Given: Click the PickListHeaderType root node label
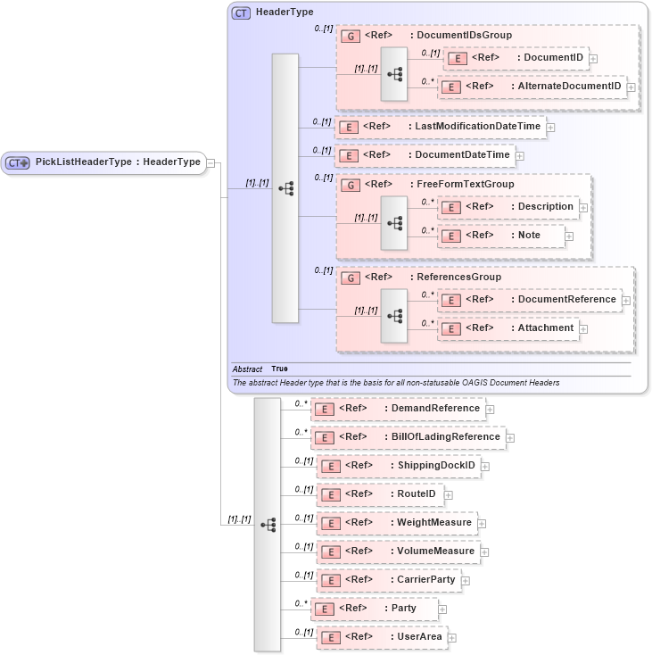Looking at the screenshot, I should point(117,162).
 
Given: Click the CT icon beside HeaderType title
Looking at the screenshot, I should point(241,12).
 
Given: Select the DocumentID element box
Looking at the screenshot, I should point(516,58).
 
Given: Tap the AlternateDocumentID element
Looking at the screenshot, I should point(532,87).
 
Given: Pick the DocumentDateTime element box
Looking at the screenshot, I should point(424,155).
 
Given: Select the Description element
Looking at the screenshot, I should point(508,207).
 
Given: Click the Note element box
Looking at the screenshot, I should point(501,236).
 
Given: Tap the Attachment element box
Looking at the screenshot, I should point(508,328).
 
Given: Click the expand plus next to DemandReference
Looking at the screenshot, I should point(490,410).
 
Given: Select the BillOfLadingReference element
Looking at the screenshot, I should point(408,437).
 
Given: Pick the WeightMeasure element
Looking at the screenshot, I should point(397,523).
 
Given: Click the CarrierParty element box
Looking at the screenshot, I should point(389,580).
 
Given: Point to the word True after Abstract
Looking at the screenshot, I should point(279,369).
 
